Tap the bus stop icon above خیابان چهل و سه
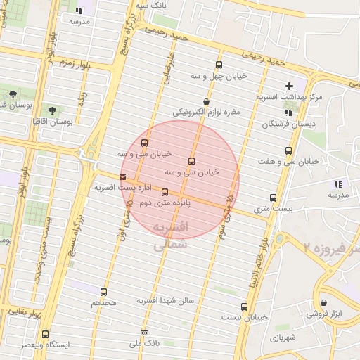pyautogui.click(x=219, y=65)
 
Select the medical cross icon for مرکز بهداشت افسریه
pyautogui.click(x=289, y=85)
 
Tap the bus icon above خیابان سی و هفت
pyautogui.click(x=288, y=150)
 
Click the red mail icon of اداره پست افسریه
pyautogui.click(x=124, y=176)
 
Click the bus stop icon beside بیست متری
pyautogui.click(x=274, y=198)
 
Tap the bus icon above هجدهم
pyautogui.click(x=104, y=291)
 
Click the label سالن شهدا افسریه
pyautogui.click(x=165, y=301)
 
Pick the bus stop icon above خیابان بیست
pyautogui.click(x=245, y=307)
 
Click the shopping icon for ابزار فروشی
pyautogui.click(x=323, y=303)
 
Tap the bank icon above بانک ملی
pyautogui.click(x=145, y=333)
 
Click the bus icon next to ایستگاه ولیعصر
pyautogui.click(x=46, y=334)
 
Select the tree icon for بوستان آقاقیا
pyautogui.click(x=52, y=110)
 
